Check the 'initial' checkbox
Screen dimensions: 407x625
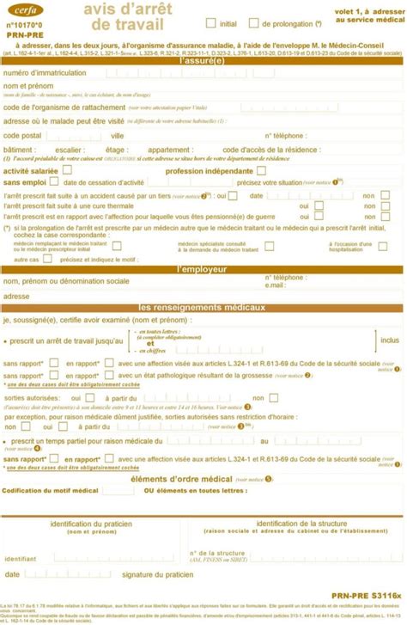coord(210,24)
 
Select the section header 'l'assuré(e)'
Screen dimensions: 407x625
coord(203,62)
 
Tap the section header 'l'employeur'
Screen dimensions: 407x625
coord(203,269)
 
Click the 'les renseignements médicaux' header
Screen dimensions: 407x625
coord(203,307)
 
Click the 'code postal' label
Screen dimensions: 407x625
coord(22,135)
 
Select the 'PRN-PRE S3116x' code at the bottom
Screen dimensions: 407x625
coord(366,594)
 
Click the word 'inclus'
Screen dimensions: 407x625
coord(390,340)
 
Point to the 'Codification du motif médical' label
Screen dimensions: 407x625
coord(50,490)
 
